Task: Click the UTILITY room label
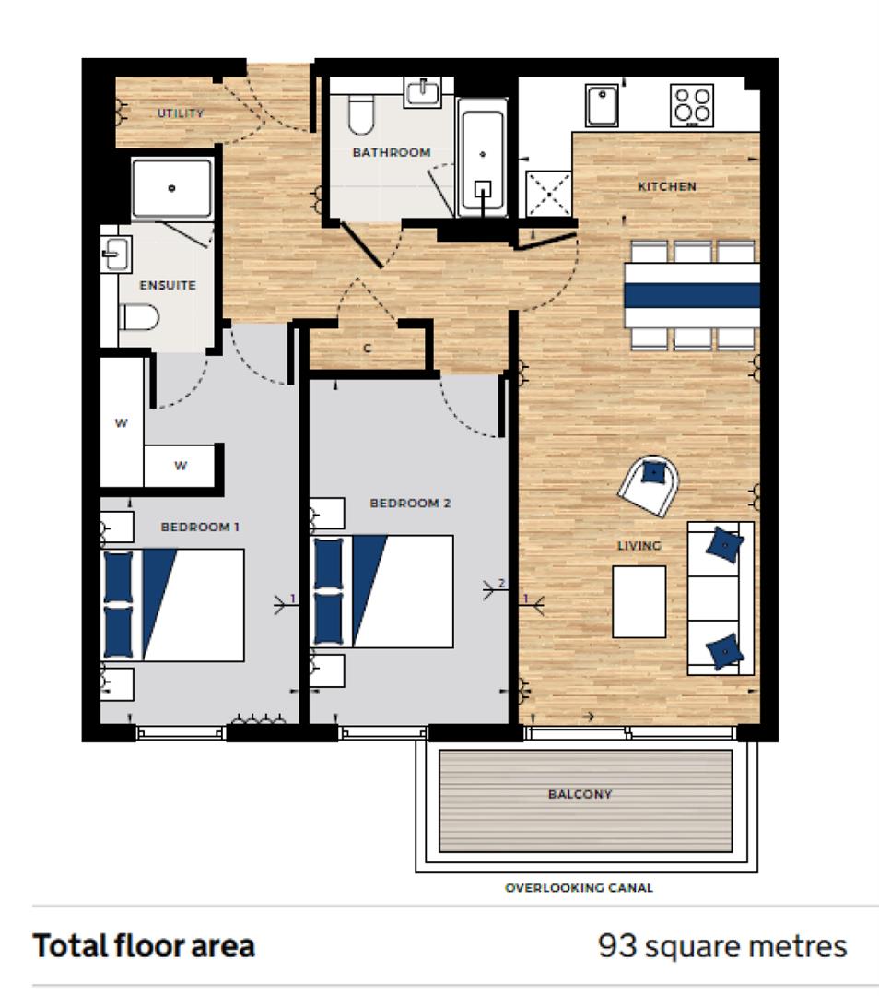click(180, 113)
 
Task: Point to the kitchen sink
click(602, 104)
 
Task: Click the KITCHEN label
click(667, 186)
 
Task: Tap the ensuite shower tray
click(172, 188)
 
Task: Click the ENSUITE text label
click(168, 285)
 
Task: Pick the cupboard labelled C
click(367, 349)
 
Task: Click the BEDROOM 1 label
click(200, 527)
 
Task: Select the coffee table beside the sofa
click(639, 601)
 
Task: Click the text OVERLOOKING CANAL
click(579, 888)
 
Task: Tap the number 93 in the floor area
click(615, 946)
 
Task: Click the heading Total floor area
click(144, 946)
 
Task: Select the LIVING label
click(639, 546)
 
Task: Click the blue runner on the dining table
click(692, 295)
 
